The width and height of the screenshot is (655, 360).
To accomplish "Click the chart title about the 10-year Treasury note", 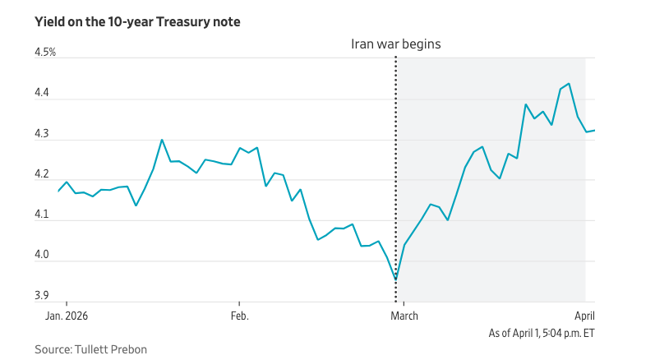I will pos(137,22).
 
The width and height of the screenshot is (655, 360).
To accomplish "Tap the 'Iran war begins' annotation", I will pos(395,44).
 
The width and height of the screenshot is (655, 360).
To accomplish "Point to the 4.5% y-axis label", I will pos(44,53).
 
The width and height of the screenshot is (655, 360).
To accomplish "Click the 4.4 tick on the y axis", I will pos(42,94).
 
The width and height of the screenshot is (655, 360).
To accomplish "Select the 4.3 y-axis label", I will pos(42,134).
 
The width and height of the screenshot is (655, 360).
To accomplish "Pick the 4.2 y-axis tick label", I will pos(42,174).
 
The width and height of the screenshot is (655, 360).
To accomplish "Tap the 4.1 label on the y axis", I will pos(42,215).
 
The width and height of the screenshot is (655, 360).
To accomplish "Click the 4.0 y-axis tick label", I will pos(42,256).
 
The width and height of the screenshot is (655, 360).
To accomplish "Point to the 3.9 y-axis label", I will pos(42,296).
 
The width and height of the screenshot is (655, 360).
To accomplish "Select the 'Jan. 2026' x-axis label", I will pos(67,316).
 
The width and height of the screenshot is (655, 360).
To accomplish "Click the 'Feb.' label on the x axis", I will pos(239,316).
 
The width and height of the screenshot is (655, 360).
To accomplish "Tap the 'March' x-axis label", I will pos(404,316).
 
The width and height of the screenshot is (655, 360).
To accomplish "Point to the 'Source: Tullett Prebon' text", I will pos(90,349).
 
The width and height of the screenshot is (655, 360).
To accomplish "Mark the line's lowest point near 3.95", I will pos(395,279).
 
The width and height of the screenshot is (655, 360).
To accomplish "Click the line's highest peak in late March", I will pos(569,83).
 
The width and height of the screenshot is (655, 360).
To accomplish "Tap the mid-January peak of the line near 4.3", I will pos(162,140).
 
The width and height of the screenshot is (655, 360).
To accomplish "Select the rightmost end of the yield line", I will pos(594,130).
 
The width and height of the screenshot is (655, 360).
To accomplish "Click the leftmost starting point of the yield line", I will pos(58,191).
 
